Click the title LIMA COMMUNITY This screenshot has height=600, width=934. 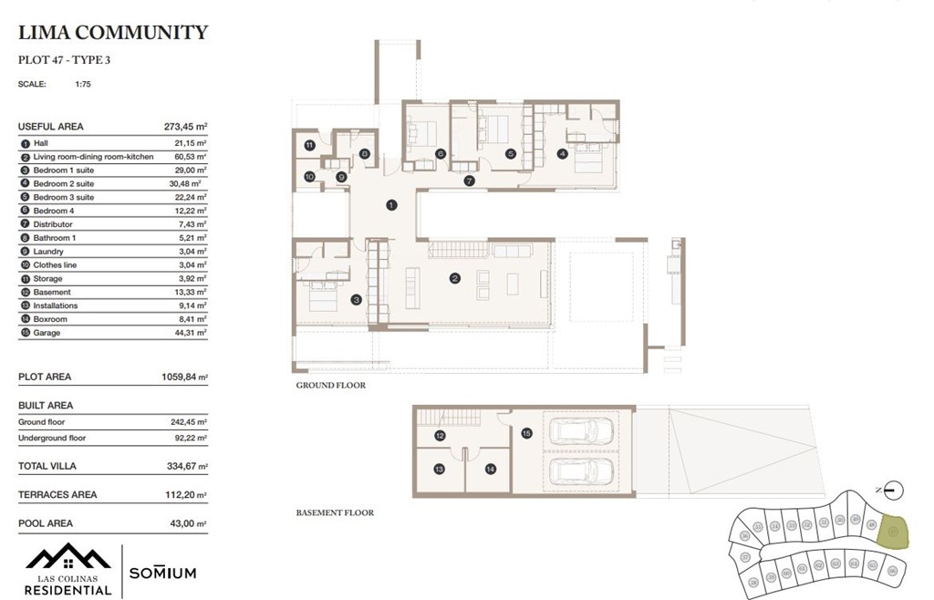click(113, 34)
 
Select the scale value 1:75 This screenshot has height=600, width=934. click(83, 84)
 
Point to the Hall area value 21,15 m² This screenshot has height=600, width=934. click(190, 143)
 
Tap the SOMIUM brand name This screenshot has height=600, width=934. click(162, 573)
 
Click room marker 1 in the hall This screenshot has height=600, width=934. click(390, 205)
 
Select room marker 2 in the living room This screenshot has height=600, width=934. click(454, 278)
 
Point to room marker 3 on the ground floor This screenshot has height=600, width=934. click(357, 298)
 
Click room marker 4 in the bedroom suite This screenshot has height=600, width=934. click(563, 154)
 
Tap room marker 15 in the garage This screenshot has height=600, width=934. click(526, 434)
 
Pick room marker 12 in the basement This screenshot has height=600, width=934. click(440, 436)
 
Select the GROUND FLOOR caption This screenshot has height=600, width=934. click(330, 386)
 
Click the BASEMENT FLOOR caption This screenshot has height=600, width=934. click(335, 513)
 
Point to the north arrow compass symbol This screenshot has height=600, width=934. click(894, 490)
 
